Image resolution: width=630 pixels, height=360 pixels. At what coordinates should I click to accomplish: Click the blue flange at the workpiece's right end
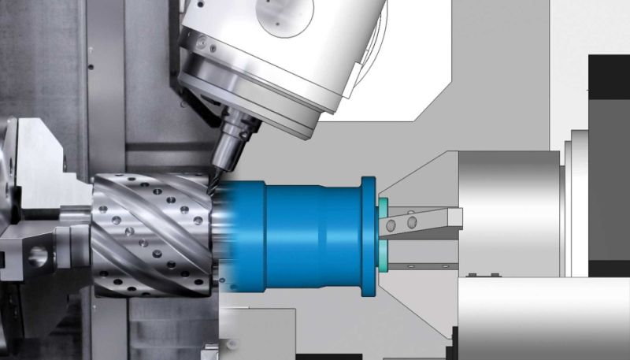[x=367, y=236]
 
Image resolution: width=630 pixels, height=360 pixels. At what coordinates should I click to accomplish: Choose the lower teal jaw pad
[x=384, y=253]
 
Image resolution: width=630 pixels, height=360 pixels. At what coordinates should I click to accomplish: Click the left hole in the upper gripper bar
[x=394, y=225]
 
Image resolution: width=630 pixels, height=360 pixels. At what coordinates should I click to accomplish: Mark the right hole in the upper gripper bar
[x=412, y=224]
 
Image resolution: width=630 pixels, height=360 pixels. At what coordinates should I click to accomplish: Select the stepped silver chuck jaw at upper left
[x=39, y=158]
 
